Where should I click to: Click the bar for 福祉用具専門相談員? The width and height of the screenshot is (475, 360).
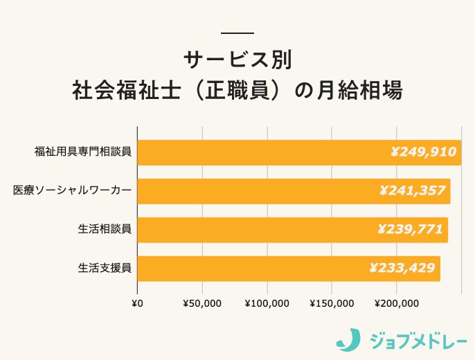pyautogui.click(x=263, y=152)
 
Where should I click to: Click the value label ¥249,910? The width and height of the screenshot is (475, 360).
pyautogui.click(x=423, y=152)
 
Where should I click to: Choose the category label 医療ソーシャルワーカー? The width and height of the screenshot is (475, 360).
pyautogui.click(x=72, y=190)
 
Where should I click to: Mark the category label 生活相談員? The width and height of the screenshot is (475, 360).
pyautogui.click(x=105, y=229)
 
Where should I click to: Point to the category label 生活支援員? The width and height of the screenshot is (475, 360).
pyautogui.click(x=105, y=268)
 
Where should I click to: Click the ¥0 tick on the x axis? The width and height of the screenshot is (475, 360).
pyautogui.click(x=137, y=303)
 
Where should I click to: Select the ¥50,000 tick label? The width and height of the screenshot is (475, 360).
pyautogui.click(x=202, y=303)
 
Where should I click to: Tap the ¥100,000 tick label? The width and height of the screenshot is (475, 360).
pyautogui.click(x=267, y=303)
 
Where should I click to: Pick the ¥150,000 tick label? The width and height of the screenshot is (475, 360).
pyautogui.click(x=332, y=303)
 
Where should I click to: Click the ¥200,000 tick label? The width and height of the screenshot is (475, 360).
pyautogui.click(x=397, y=303)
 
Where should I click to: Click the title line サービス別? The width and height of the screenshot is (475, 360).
pyautogui.click(x=238, y=60)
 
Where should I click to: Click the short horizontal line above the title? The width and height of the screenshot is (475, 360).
pyautogui.click(x=238, y=33)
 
